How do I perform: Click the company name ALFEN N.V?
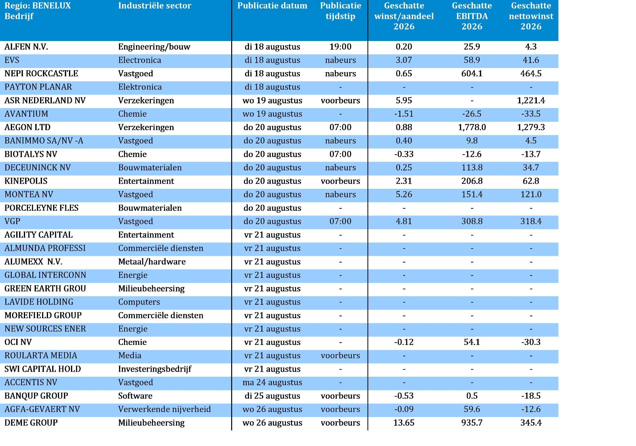coord(26,47)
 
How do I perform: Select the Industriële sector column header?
coord(155,6)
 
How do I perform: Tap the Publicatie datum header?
coord(272,6)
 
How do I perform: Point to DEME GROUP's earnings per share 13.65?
coord(404,423)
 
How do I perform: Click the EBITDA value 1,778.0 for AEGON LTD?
coord(472,127)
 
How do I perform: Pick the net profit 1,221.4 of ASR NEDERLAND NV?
coord(531,100)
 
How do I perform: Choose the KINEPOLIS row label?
coord(26,181)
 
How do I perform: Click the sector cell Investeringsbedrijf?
coord(155,369)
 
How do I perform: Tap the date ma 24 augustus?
coord(272,382)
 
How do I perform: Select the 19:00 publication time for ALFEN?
coord(340,47)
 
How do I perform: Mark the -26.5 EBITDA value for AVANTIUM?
coord(472,114)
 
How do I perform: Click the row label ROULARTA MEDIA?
coord(41,355)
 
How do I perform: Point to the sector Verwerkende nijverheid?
coord(164,409)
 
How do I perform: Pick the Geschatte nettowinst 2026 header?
coord(531,16)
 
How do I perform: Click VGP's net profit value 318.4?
coord(531,221)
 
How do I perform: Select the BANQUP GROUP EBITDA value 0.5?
coord(472,396)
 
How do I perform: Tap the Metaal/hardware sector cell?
coord(152,262)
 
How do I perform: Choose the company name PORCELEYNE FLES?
coord(41,208)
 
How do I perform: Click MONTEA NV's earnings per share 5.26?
coord(404,195)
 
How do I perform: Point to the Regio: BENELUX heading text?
coord(38,6)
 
